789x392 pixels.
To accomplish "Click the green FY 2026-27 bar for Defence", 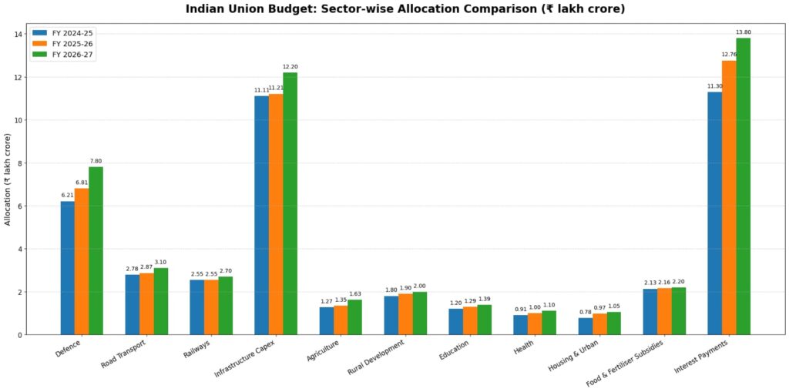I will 96,251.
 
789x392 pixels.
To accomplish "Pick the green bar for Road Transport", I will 160,301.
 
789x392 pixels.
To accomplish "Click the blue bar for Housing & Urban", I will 586,326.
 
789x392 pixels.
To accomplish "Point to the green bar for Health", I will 549,323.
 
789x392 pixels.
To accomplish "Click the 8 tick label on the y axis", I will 18,163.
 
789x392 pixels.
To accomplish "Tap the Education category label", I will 454,351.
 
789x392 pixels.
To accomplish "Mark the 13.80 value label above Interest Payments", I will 743,32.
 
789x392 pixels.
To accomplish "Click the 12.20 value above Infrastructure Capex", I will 290,66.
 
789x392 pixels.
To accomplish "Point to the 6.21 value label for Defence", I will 68,195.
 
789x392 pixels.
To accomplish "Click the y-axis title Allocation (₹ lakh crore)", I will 8,179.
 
